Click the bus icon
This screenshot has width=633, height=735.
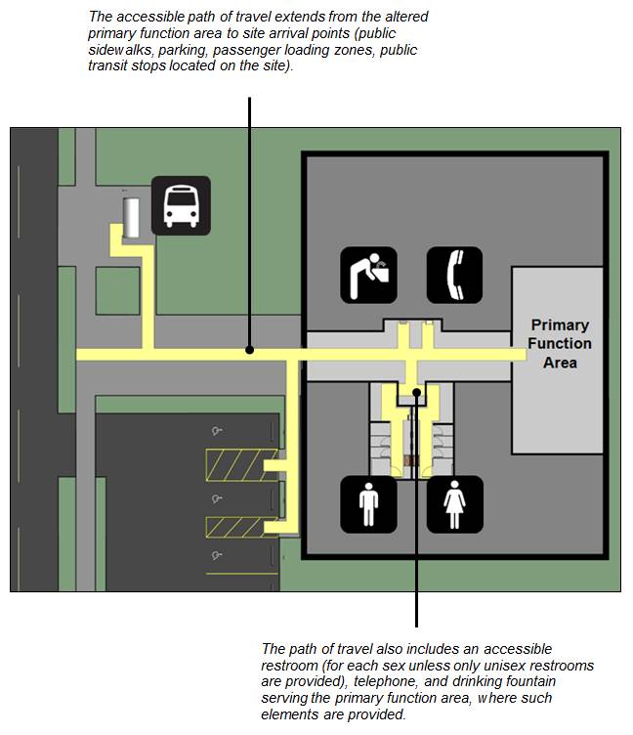(181, 204)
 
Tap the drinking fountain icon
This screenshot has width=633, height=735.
(368, 275)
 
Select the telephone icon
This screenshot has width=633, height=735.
(454, 275)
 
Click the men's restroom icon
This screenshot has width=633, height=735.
(368, 504)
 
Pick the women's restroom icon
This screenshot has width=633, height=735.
(454, 504)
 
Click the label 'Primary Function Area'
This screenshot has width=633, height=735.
(560, 343)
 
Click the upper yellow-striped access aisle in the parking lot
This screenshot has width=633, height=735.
(233, 461)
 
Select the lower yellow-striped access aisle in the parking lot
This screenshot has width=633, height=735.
(233, 529)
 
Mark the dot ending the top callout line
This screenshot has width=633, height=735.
(251, 350)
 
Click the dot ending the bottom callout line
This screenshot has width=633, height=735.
(417, 393)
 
